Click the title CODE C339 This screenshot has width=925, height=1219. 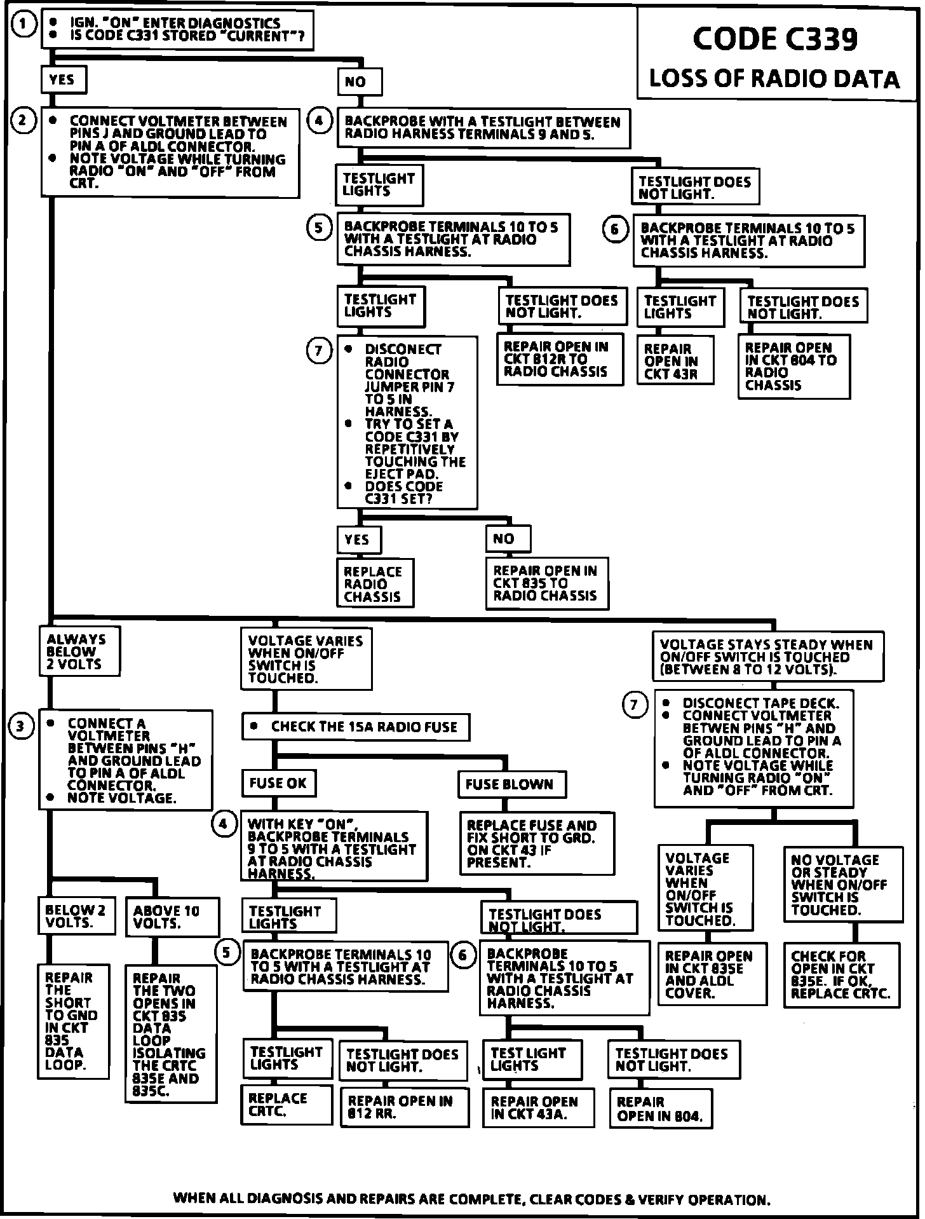point(774,39)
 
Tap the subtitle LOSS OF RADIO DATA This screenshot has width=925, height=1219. point(774,79)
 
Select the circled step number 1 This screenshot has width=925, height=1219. point(23,25)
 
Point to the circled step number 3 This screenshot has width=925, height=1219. point(22,726)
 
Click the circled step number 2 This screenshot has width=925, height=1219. point(23,120)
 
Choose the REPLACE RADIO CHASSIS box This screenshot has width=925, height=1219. point(375,583)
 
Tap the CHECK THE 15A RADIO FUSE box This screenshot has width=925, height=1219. point(356,726)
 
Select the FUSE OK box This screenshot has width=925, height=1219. point(278,783)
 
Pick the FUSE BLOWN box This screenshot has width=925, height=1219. point(511,784)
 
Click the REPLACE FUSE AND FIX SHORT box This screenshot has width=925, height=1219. point(536,843)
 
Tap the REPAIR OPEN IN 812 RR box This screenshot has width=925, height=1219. point(404,1108)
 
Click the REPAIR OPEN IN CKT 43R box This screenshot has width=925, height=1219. point(675,360)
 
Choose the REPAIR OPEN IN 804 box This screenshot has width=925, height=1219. point(661,1109)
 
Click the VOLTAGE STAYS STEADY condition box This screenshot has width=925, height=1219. point(767,657)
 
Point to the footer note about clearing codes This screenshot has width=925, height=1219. point(471,1200)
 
